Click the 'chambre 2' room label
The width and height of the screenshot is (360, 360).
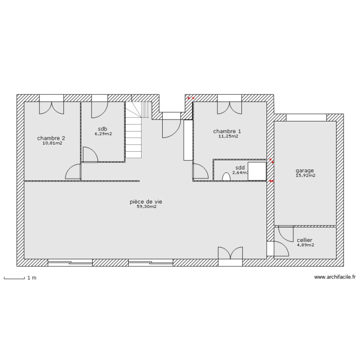point(51,138)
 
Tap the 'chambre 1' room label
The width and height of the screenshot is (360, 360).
point(227,131)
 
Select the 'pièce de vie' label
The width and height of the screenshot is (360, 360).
point(146,202)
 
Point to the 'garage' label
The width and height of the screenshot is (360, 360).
point(305,170)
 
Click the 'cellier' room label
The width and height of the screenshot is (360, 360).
point(305,240)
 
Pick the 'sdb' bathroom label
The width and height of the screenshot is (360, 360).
point(102,129)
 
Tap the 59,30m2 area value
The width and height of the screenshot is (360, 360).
point(146,207)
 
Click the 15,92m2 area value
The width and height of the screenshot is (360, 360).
point(305,176)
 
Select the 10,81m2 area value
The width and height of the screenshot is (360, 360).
point(52,143)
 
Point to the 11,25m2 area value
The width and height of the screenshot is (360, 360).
point(228,136)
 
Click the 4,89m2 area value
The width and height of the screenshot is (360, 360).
point(305,245)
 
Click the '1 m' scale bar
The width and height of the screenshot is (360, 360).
point(14,278)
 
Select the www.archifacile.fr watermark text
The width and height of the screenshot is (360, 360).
point(335,277)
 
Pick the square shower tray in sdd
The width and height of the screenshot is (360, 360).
point(257,171)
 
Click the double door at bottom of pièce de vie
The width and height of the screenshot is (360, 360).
point(230,254)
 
